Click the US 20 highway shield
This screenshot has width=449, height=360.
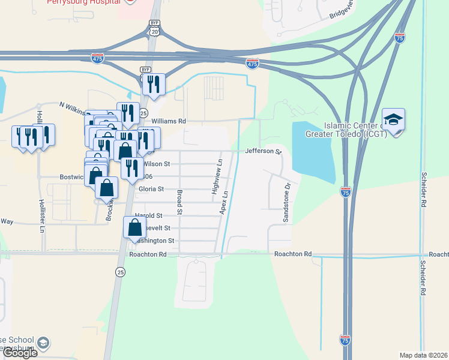pyautogui.click(x=155, y=31)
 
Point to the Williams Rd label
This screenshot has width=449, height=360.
pyautogui.click(x=169, y=121)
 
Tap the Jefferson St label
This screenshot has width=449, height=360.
pyautogui.click(x=263, y=152)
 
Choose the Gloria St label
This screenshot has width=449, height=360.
pyautogui.click(x=151, y=189)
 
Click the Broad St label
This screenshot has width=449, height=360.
pyautogui.click(x=179, y=202)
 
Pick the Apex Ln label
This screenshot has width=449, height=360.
pyautogui.click(x=225, y=203)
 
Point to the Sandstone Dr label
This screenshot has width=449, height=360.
pyautogui.click(x=286, y=203)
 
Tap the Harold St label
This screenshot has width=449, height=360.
pyautogui.click(x=148, y=215)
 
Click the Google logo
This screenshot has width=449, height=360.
pyautogui.click(x=19, y=353)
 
